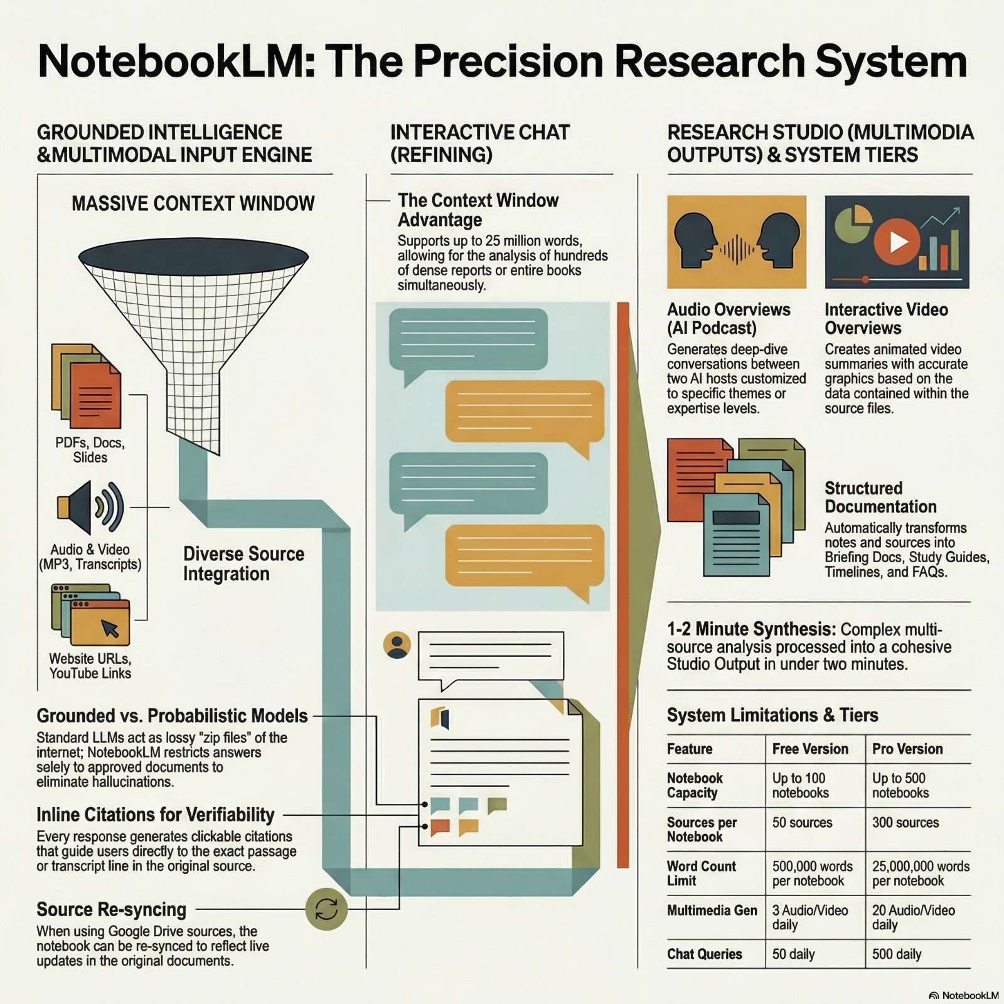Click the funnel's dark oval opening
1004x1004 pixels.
pos(193,256)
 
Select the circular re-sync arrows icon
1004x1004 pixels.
pos(326,909)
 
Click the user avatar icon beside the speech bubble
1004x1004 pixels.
pos(397,645)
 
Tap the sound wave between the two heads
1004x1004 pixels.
pos(737,249)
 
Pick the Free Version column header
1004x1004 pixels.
pos(810,749)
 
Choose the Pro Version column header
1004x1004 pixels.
pos(907,749)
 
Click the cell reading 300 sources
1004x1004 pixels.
pos(905,822)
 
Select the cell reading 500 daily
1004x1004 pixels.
pos(897,954)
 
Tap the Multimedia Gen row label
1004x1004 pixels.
pos(712,910)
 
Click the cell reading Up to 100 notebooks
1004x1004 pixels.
pos(800,785)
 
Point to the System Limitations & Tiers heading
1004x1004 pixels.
pos(772,715)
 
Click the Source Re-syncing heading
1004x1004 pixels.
pos(111,909)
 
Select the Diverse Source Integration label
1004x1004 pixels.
pos(243,563)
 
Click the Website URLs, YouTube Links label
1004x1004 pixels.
pos(90,666)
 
